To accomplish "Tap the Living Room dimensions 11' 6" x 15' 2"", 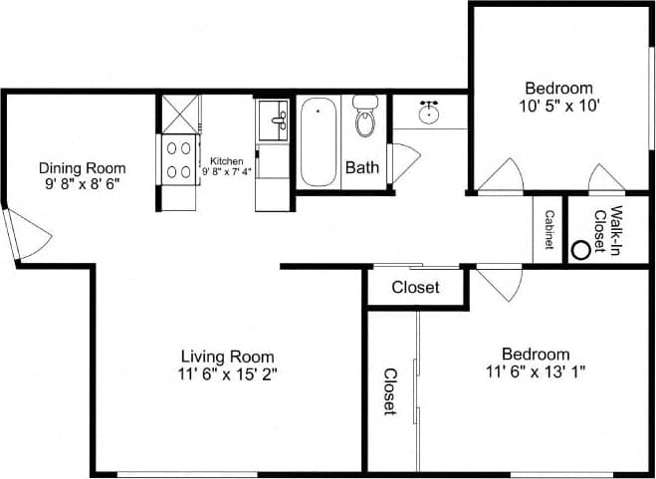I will pos(228,374).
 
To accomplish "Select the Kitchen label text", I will pos(226,159).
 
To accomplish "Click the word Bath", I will pos(361,167).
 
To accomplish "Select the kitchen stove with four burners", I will pos(179,158).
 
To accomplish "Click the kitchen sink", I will pos(272,121).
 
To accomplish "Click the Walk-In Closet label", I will pos(607,231).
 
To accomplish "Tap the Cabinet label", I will pos(548,229).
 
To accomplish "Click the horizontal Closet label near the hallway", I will pos(416,289).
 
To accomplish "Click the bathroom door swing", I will pos(405,162).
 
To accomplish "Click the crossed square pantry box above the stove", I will pos(181,113).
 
